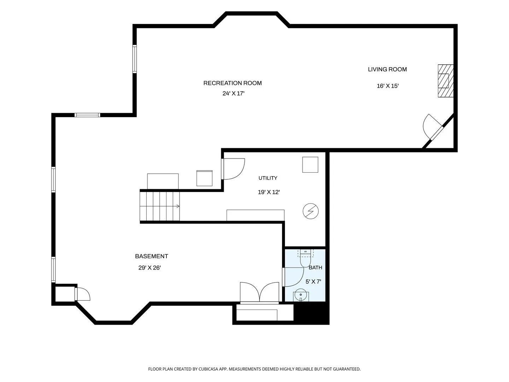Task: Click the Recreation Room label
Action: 232,83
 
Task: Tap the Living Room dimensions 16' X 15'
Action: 387,86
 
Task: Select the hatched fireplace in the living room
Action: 445,81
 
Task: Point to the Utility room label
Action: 268,178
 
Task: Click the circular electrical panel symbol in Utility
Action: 310,211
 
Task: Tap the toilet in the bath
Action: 305,258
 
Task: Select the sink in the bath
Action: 301,295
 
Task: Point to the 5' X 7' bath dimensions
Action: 313,282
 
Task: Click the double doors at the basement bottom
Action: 259,293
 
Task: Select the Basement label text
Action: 151,256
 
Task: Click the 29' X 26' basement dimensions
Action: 150,268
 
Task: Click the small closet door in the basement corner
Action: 83,294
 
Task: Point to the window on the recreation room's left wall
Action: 135,59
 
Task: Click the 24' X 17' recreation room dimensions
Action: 234,93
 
